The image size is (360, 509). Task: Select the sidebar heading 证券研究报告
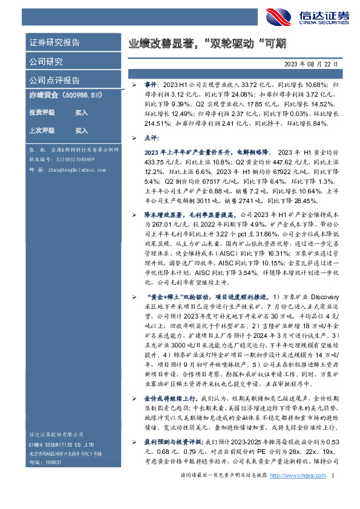[x=55, y=43]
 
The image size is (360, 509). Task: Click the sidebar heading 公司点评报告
[x=55, y=80]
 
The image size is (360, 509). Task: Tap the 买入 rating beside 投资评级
[x=82, y=113]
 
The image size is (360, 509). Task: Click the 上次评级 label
[x=42, y=130]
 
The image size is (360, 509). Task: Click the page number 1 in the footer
[x=333, y=494]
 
